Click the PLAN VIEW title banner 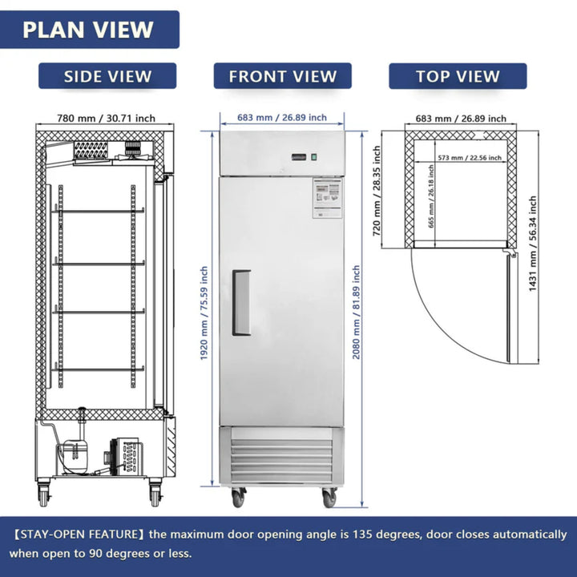[88, 30]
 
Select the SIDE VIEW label [107, 76]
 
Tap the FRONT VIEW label [282, 76]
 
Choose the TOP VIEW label [458, 76]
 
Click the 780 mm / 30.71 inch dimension [106, 118]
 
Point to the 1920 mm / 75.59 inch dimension [205, 312]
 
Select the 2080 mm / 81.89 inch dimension [357, 312]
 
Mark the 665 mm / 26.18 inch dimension [432, 204]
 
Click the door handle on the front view [240, 302]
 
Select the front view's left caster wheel [238, 498]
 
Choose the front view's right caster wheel [329, 498]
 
